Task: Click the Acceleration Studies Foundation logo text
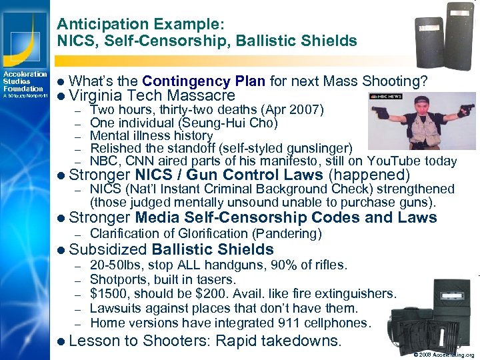coord(24,81)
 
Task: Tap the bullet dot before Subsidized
coord(61,250)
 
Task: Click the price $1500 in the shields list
coord(107,294)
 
